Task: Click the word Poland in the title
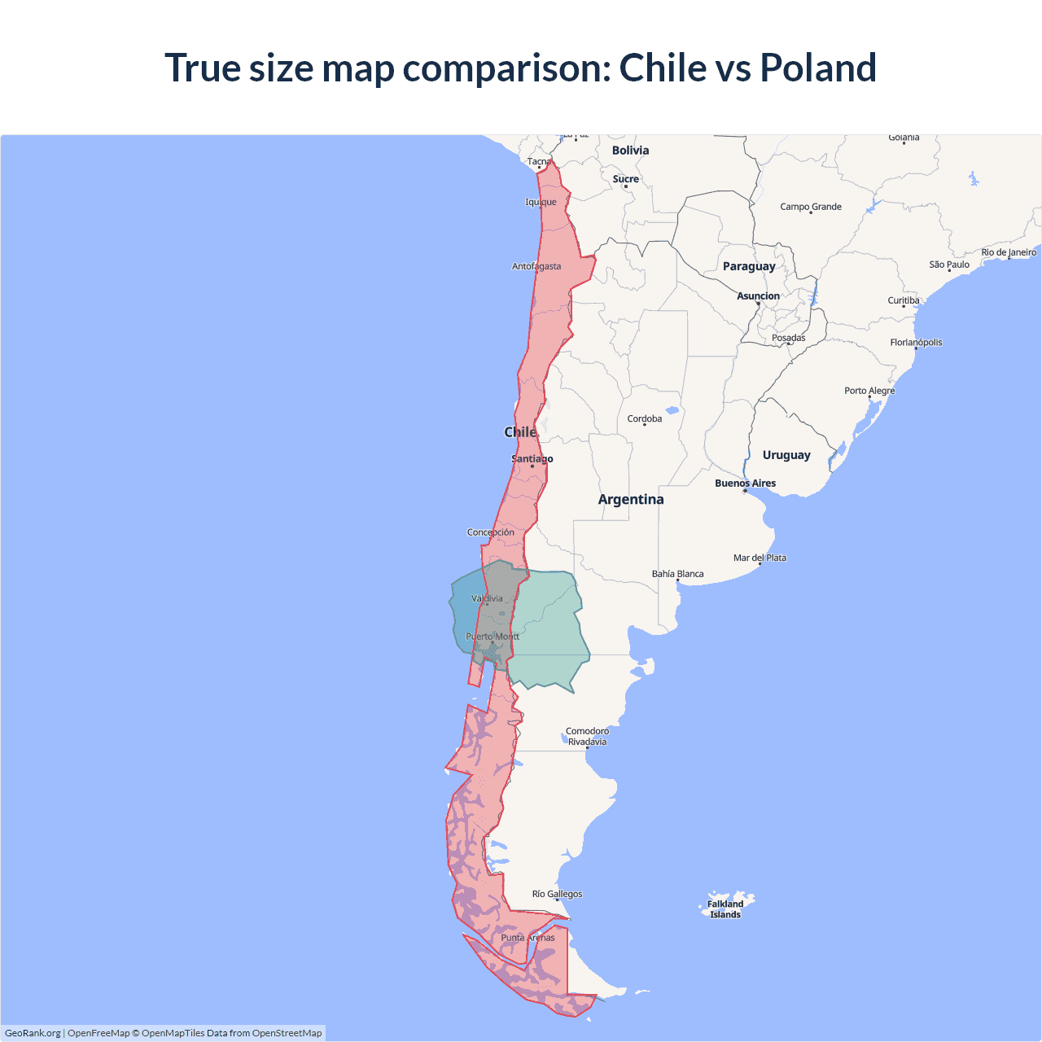pos(818,68)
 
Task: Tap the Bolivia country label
pos(630,151)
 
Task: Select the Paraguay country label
pos(749,266)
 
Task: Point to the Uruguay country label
pos(786,455)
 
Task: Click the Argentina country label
pos(631,500)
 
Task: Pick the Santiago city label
pos(532,459)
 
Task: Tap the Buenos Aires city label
pos(745,484)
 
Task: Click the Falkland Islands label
pos(725,909)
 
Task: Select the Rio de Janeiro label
pos(1009,252)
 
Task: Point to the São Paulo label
pos(949,265)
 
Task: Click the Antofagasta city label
pos(536,266)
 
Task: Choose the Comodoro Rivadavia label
pos(587,737)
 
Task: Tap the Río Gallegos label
pos(557,894)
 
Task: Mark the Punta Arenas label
pos(528,938)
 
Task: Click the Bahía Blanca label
pos(677,574)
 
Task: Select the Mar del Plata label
pos(760,558)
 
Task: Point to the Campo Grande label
pos(811,207)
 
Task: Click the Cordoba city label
pos(645,419)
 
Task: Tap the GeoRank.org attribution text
pos(33,1033)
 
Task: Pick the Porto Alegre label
pos(869,391)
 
